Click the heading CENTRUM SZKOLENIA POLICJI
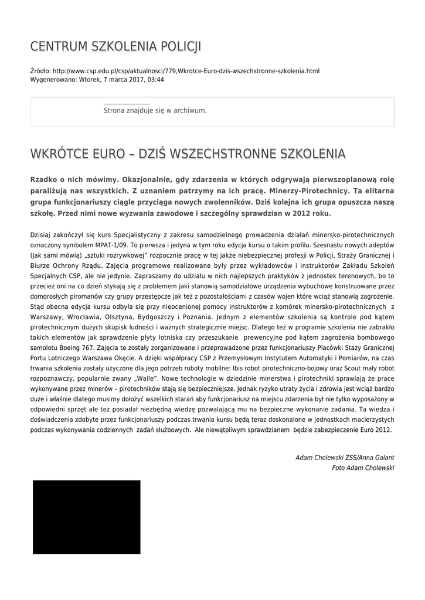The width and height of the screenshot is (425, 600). click(115, 46)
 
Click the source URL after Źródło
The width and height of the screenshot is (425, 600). click(186, 71)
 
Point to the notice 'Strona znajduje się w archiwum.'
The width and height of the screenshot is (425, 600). click(155, 110)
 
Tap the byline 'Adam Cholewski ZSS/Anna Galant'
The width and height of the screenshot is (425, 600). click(345, 458)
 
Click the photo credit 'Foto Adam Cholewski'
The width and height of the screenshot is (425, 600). click(363, 468)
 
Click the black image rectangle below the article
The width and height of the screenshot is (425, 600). click(86, 517)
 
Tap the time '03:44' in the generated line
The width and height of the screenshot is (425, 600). click(155, 80)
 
